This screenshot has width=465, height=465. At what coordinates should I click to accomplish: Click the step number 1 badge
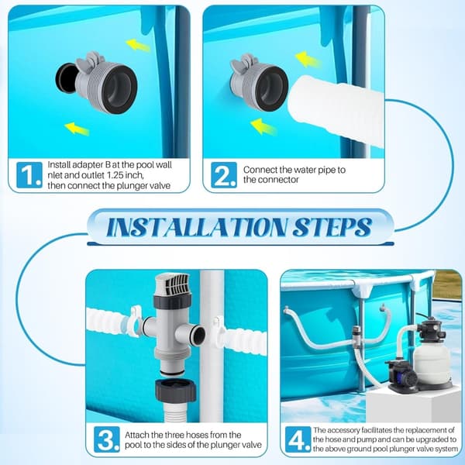coord(29,175)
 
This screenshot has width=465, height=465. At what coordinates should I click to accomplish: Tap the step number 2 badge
coord(224,175)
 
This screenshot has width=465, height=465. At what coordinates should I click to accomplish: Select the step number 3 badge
coord(107,439)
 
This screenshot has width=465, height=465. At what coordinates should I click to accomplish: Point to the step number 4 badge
coord(298,439)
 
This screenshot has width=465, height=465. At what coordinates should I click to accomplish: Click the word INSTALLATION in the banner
coord(198,227)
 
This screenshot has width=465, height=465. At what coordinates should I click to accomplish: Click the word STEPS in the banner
coord(332,227)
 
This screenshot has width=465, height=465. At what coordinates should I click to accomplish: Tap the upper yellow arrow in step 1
coord(138,46)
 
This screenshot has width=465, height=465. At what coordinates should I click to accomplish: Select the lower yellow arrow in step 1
coord(77,129)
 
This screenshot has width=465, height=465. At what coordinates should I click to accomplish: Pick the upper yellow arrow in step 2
coord(308,60)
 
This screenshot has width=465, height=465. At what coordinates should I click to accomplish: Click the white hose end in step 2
coord(335,111)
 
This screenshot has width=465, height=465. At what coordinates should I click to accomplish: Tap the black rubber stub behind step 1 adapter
coord(66,78)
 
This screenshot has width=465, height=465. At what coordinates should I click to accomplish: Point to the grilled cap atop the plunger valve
coord(172,284)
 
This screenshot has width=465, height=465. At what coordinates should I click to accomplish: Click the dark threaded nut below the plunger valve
coord(175,389)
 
